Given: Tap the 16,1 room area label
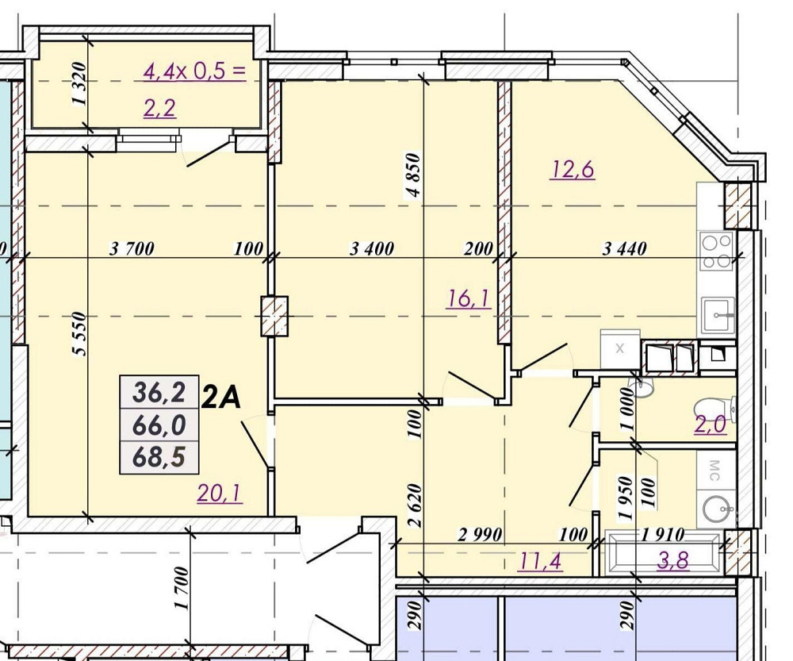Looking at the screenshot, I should coord(469,298).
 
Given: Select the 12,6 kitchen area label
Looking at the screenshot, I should coord(573,169).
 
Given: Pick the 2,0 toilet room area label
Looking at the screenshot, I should coord(710,425).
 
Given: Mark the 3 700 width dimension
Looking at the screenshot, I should coord(132,249).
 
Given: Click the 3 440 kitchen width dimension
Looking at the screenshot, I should coord(625,249).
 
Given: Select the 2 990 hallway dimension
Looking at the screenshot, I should coord(480,535).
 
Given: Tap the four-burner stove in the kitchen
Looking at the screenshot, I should coord(716,252).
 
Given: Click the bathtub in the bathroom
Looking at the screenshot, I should coord(665,553).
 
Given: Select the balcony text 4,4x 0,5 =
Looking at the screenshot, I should coord(194,73).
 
